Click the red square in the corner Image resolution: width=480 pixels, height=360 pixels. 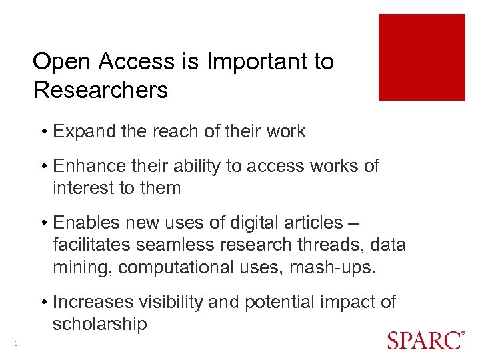coord(421,57)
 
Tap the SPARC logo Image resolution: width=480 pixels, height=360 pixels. coord(424,340)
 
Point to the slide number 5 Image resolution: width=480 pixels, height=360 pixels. coord(15,344)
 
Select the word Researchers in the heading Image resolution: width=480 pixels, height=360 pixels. coord(100,90)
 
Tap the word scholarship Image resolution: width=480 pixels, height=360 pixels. coord(99,324)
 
